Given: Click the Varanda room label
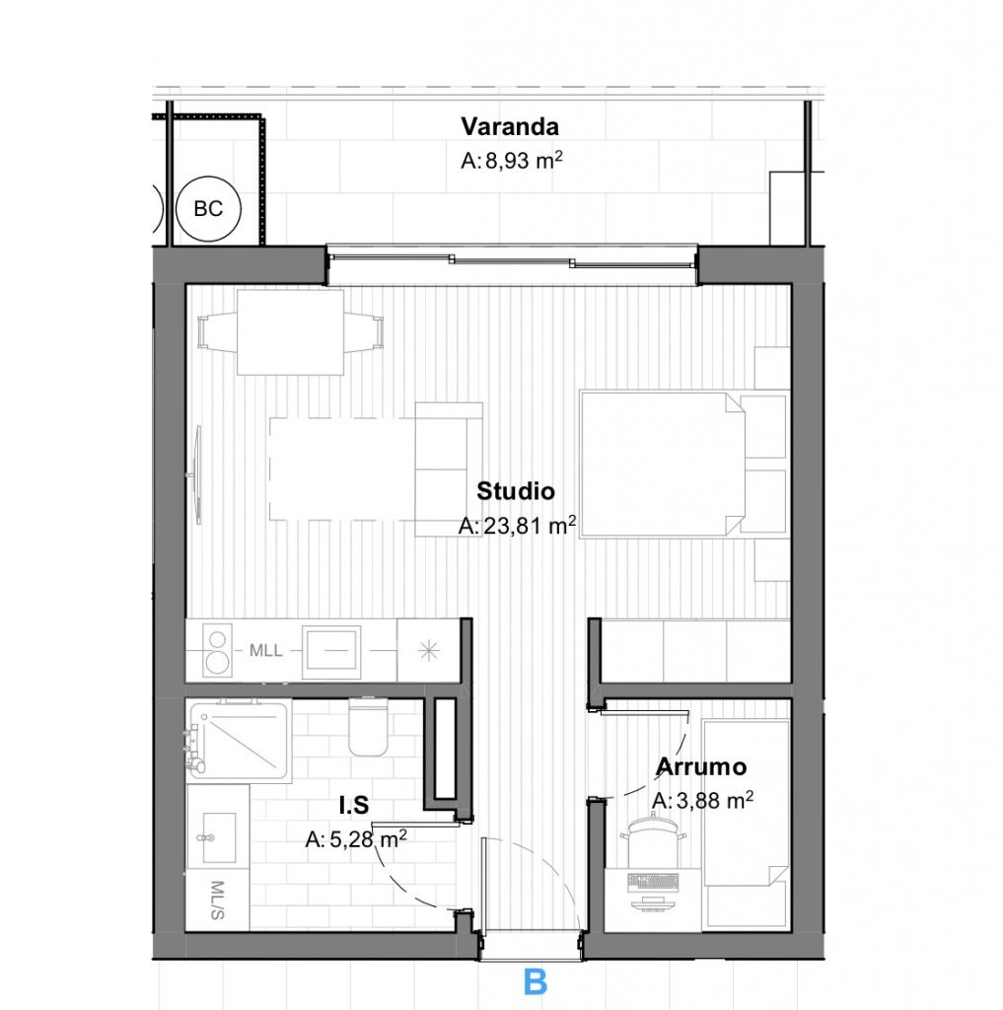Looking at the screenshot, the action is tap(510, 126).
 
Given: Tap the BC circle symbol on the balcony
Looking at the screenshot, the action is tap(208, 209).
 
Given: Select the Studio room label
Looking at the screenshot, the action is tap(516, 491).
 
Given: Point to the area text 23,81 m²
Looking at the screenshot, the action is tap(517, 526).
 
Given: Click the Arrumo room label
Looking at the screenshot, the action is tap(701, 766).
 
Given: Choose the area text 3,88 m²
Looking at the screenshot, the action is tap(703, 800).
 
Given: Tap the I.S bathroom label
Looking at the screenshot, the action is tap(354, 805).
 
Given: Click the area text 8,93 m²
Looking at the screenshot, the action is tap(512, 161).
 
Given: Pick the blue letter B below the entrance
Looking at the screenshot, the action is tap(536, 982).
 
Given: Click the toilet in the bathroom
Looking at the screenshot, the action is tap(368, 726).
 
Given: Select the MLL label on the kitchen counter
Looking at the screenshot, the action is tap(265, 651).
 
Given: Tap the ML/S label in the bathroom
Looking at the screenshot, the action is tap(217, 900).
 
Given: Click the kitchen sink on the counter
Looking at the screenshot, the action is tap(331, 651).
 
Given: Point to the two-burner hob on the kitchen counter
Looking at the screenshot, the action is tap(217, 651).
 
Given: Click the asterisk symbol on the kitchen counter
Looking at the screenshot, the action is tap(428, 651).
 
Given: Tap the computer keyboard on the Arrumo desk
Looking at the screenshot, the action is tap(653, 882).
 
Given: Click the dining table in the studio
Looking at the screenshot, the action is tap(290, 332).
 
